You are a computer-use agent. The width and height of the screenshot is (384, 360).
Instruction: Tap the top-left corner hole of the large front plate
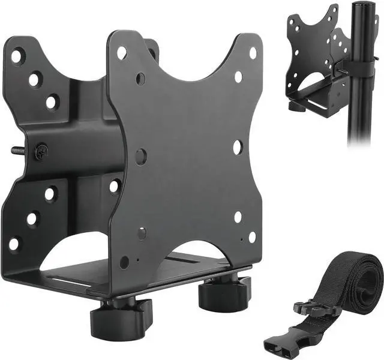pos(122,53)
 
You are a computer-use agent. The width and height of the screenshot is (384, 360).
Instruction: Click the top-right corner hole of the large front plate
pos(253,53)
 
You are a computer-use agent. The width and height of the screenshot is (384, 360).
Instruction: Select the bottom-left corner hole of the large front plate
pos(124,262)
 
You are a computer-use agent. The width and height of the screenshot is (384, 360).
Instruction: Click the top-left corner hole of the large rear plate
pos(17,57)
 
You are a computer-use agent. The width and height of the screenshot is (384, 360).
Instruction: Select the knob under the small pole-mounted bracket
pos(295,106)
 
